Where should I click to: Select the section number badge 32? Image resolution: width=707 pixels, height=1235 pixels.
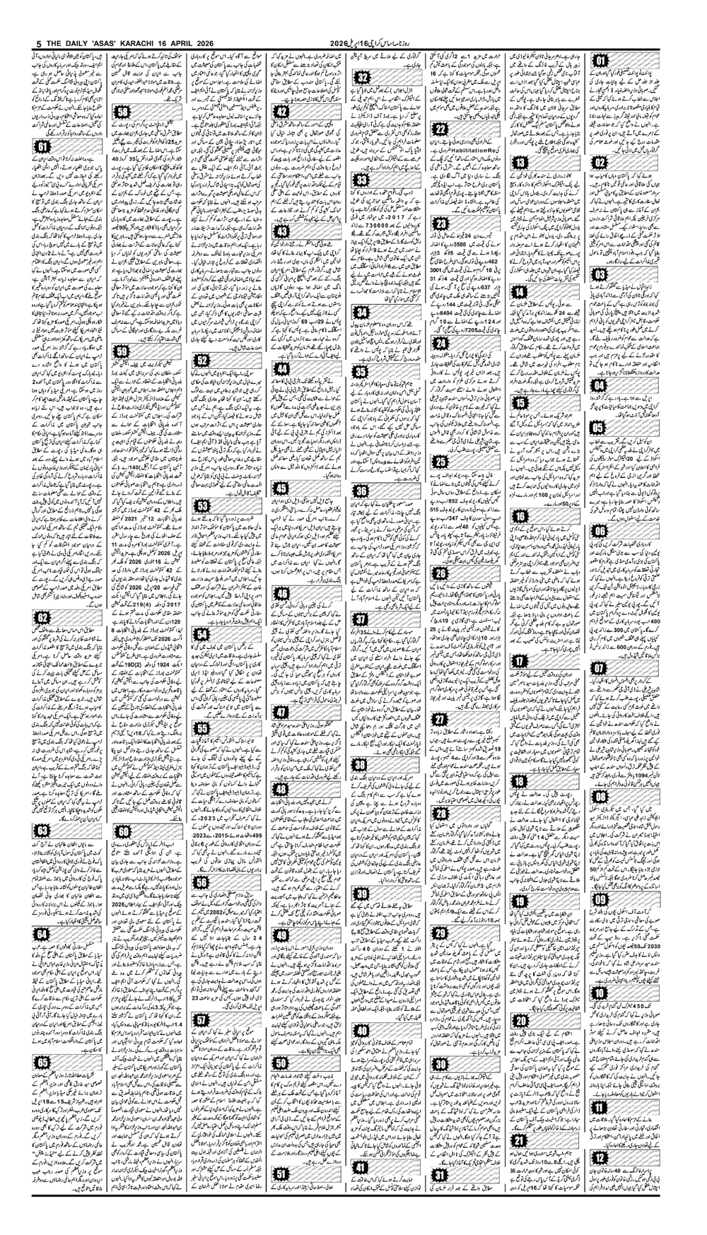[363, 77]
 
